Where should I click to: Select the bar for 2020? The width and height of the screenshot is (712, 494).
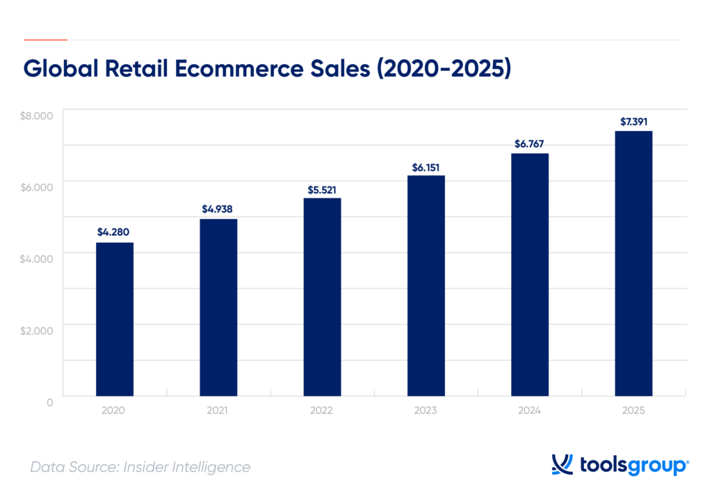114,319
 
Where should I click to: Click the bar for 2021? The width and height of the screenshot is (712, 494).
218,308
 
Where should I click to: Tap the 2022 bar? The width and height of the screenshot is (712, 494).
323,297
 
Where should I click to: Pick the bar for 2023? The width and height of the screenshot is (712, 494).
426,286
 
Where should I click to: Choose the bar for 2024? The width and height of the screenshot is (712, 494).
530,275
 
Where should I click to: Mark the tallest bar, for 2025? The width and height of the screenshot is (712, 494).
634,264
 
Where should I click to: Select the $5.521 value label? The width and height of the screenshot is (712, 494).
323,189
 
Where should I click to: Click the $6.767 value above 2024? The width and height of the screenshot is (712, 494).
530,144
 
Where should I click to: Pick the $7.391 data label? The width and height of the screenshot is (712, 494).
634,122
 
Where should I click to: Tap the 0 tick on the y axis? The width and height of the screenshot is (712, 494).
50,401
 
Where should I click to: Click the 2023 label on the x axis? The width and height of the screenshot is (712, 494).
426,411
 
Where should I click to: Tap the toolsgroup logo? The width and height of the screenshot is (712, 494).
620,465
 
